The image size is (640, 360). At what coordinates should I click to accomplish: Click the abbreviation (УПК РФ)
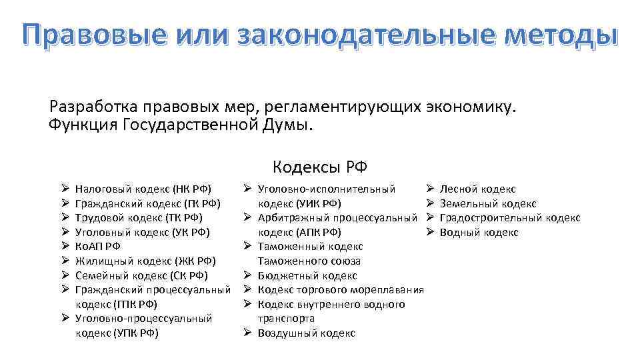[x=136, y=333]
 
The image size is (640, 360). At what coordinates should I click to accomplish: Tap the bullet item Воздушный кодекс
[x=306, y=333]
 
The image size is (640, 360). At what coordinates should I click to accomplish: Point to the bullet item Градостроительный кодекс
[x=510, y=218]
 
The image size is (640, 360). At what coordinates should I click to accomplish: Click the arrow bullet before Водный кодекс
[x=430, y=232]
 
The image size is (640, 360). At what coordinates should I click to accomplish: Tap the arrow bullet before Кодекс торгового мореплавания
[x=247, y=289]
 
